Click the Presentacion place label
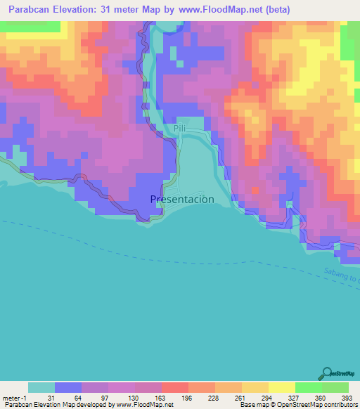point(182,199)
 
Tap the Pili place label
point(179,128)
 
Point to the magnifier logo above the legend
point(328,375)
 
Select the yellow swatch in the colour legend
point(282,387)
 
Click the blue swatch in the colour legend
point(68,387)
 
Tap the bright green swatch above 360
point(309,387)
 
